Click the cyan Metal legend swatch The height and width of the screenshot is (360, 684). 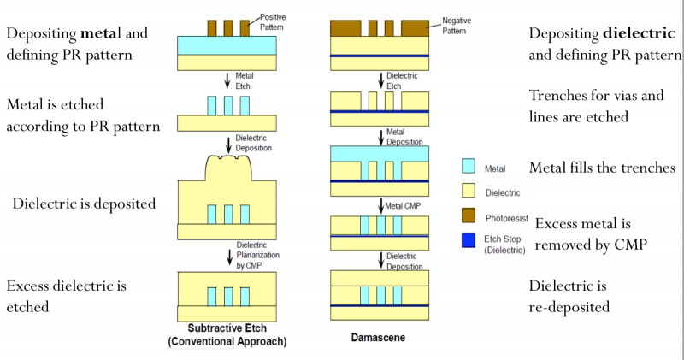click(469, 169)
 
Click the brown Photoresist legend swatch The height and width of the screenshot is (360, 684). click(469, 215)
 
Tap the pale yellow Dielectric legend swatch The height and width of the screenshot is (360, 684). click(469, 192)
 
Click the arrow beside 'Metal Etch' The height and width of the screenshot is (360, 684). click(227, 80)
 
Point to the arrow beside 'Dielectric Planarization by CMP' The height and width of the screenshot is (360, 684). click(227, 254)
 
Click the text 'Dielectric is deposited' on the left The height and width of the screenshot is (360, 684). click(83, 204)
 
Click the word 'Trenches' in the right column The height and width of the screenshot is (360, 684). click(560, 96)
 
